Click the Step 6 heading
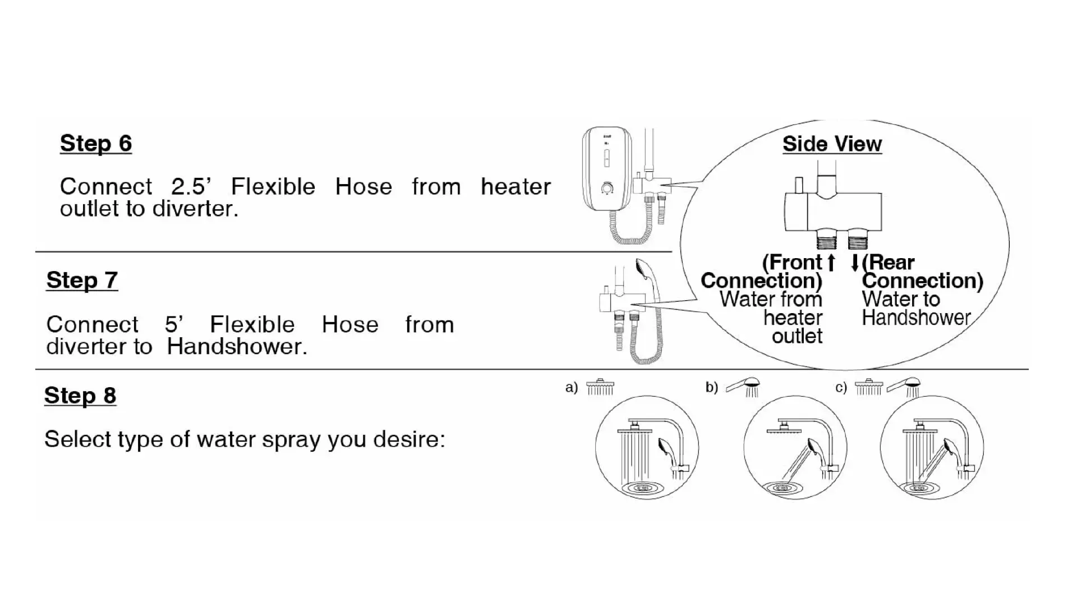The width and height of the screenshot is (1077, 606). (x=96, y=144)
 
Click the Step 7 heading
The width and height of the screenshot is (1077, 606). (x=82, y=281)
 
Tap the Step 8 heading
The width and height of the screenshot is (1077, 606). (x=80, y=396)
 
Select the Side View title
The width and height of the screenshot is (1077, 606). (x=832, y=144)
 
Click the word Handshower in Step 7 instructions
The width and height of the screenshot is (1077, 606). (x=237, y=346)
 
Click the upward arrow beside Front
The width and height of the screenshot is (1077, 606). (x=831, y=263)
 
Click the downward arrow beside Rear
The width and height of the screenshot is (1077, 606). (x=855, y=263)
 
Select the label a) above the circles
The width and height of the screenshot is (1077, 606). (x=571, y=388)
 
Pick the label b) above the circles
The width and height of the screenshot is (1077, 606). (x=711, y=388)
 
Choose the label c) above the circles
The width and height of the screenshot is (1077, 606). (x=841, y=388)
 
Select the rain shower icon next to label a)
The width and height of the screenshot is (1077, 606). (x=600, y=387)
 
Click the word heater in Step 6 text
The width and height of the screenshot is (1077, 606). (x=516, y=186)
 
